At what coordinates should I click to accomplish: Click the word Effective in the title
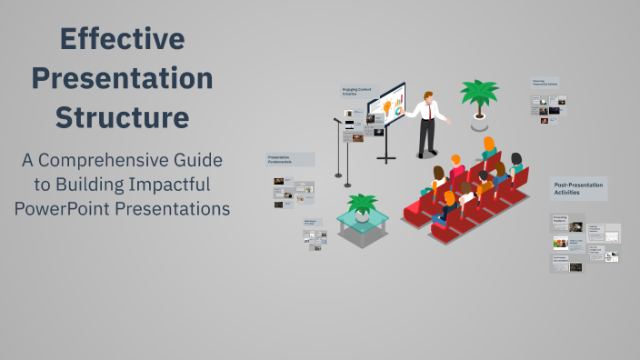[122, 39]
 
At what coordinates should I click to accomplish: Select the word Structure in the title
[122, 118]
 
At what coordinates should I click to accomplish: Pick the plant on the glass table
[363, 206]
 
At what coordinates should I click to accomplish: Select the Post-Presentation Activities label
[578, 188]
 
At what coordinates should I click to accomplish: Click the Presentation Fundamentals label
[289, 159]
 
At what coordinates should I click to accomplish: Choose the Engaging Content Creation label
[357, 93]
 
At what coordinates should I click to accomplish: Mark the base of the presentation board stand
[386, 160]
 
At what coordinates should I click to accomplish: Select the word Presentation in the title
[122, 79]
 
